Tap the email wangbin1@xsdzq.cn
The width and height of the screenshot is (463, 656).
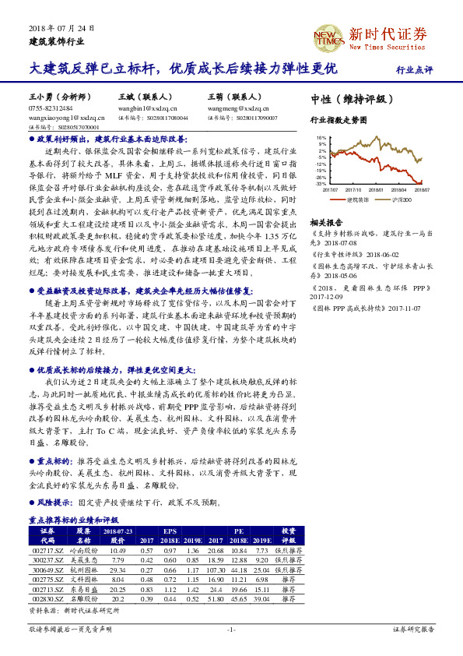[x=148, y=109]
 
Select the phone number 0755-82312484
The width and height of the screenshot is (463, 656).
[x=51, y=109]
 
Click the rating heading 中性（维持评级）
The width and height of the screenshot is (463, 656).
[x=347, y=100]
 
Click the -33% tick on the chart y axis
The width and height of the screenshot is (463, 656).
[x=321, y=183]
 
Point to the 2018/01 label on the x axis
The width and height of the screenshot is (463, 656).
[x=377, y=189]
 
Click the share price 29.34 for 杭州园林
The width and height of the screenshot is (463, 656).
[x=118, y=570]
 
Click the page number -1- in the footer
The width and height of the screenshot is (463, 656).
[x=230, y=629]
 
